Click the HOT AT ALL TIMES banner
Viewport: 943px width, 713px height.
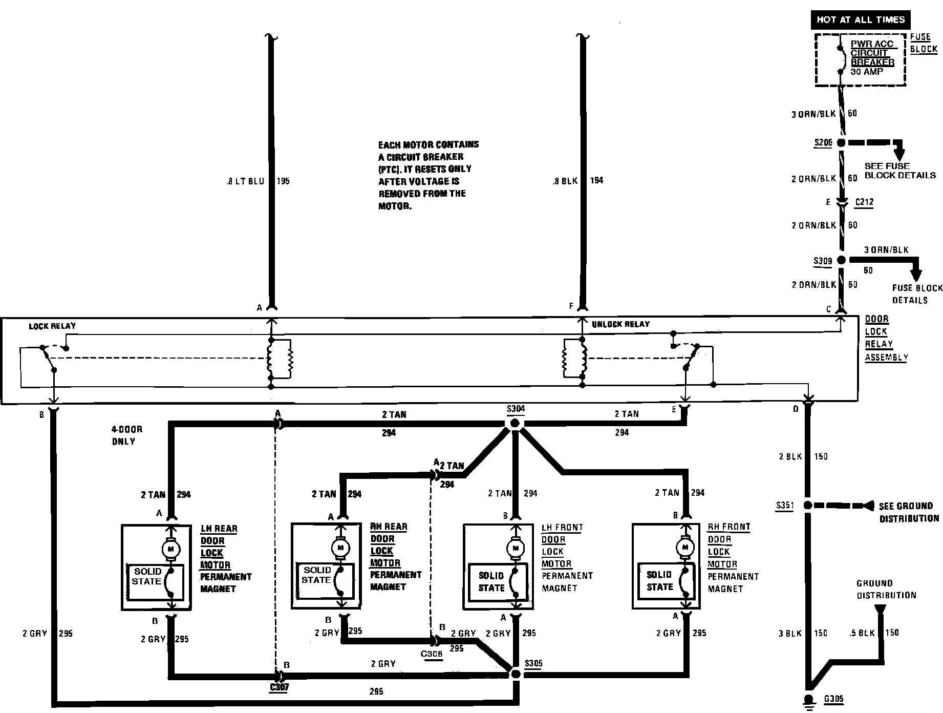861,20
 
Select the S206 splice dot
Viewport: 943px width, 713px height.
841,143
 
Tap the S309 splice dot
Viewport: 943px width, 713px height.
841,261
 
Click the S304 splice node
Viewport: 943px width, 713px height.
515,423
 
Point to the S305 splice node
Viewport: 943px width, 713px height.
515,674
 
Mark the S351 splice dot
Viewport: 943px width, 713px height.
807,506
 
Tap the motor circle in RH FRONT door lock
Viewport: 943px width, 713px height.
684,548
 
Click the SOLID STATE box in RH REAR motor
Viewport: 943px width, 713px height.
326,581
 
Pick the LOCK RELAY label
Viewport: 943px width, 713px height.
52,326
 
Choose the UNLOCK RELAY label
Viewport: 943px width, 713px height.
620,324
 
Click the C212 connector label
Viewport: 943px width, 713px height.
864,202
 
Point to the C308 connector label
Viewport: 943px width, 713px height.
432,654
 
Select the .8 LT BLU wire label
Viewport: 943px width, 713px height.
245,181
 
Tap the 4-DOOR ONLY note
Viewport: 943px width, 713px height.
127,435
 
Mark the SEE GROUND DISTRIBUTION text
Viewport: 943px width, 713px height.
909,512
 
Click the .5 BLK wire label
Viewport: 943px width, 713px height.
862,633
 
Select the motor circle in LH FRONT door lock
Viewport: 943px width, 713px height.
515,549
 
